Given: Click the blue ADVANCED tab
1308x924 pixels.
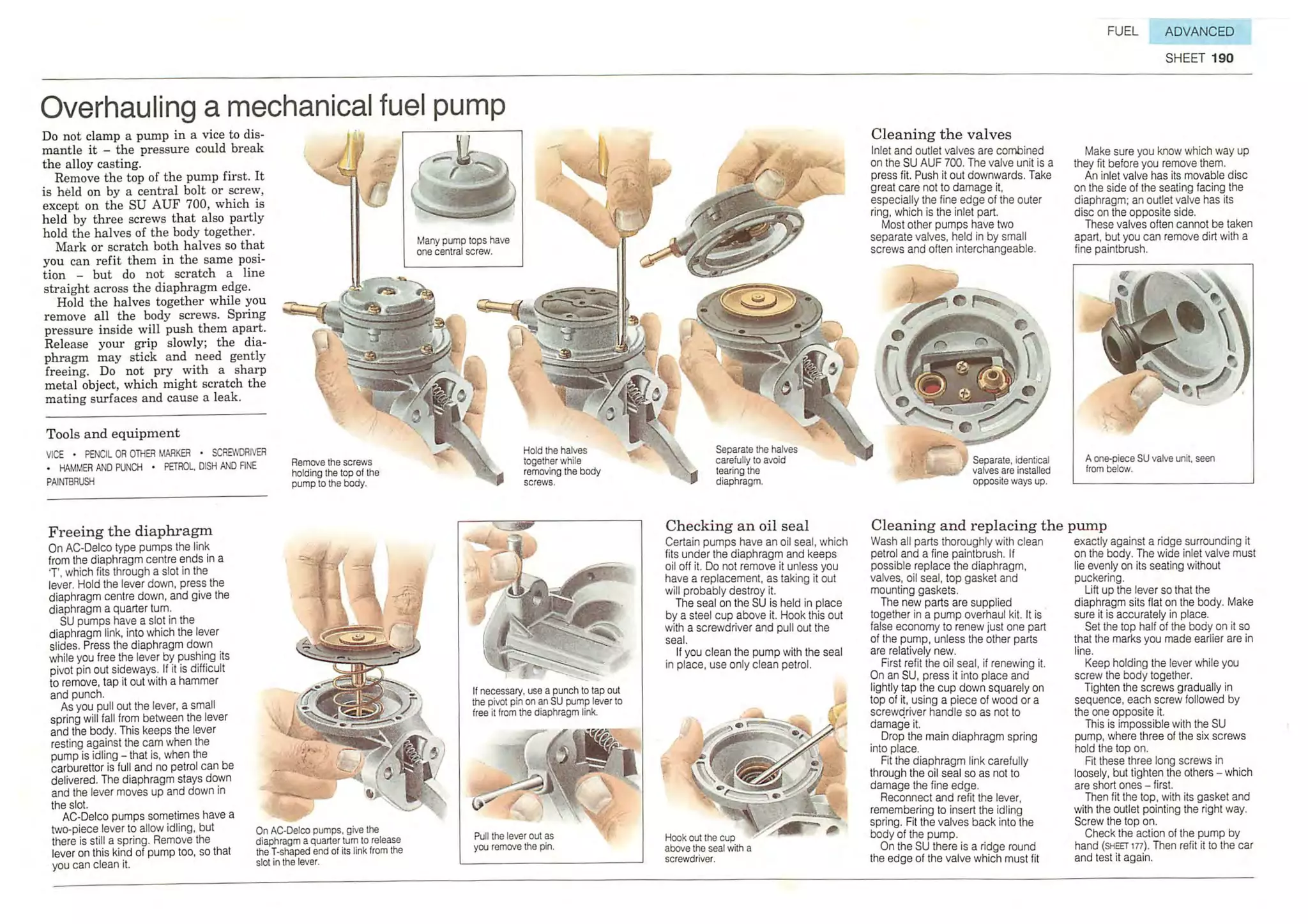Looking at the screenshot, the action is tap(1199, 31).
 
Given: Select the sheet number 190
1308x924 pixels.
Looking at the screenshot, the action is tap(1222, 58).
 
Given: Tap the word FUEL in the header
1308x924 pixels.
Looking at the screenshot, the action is tap(1122, 31).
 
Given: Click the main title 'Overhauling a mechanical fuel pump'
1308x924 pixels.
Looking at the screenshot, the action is tap(273, 107).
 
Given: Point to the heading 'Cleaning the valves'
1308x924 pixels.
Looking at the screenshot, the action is tap(941, 134).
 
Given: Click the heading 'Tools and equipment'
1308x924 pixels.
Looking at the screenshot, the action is tap(113, 434).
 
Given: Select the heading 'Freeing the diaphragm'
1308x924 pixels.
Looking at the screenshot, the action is tap(130, 531).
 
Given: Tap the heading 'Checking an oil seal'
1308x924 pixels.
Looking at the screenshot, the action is tap(737, 526).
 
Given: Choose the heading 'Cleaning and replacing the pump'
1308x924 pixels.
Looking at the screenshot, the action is tap(989, 526).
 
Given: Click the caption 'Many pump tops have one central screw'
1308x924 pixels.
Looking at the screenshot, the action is tap(463, 246).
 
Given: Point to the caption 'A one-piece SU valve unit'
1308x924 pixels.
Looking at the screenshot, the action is tap(1150, 464).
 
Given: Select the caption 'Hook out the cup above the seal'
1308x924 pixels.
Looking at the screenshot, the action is tap(708, 848).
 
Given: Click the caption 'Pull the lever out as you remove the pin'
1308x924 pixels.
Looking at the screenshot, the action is tap(514, 841).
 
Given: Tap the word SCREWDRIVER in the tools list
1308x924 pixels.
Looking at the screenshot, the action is tap(239, 453).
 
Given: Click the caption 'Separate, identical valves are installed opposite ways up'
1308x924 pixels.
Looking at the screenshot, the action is tap(1011, 470).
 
